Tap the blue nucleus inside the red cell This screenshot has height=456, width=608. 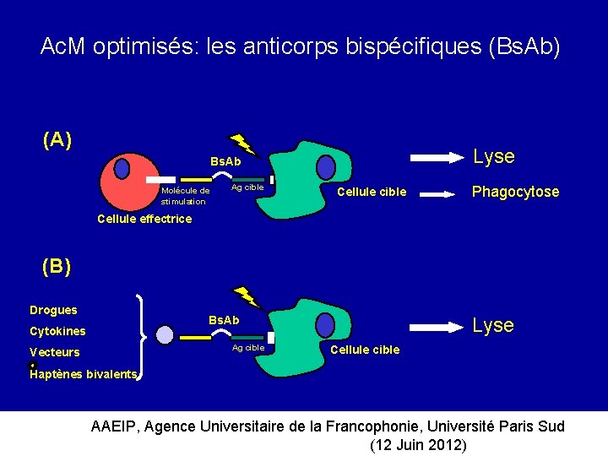pos(122,168)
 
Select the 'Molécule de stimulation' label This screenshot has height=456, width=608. pos(185,196)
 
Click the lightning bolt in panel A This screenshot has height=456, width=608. pos(243,144)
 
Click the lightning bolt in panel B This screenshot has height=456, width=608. pos(246,298)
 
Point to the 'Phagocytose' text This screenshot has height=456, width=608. pos(515,192)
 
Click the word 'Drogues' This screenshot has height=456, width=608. pos(53,310)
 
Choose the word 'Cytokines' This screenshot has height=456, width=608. pos(57,331)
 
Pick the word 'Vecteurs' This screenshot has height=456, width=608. pos(54,352)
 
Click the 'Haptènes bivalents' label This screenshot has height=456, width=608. pos(83,374)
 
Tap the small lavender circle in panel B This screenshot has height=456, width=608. pos(165,335)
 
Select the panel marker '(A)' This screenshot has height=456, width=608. pos(57,140)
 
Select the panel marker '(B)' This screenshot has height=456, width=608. pos(57,267)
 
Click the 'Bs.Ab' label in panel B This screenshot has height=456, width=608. pos(224,320)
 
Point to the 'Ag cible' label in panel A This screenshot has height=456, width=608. pos(247,187)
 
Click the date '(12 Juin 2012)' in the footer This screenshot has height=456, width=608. pos(418,445)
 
